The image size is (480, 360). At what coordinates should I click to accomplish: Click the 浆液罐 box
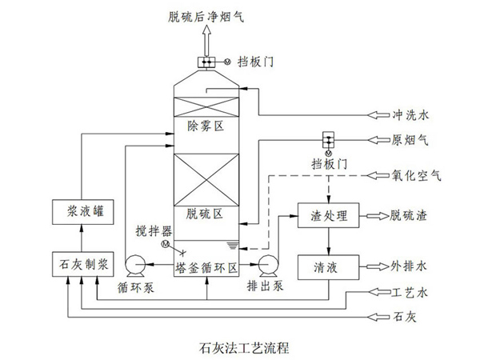coord(82,212)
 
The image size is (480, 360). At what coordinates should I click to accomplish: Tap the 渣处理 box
coord(327,215)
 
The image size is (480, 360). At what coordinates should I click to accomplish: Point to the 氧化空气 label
coord(417,174)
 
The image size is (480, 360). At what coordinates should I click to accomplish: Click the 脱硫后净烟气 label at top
coord(203,13)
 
